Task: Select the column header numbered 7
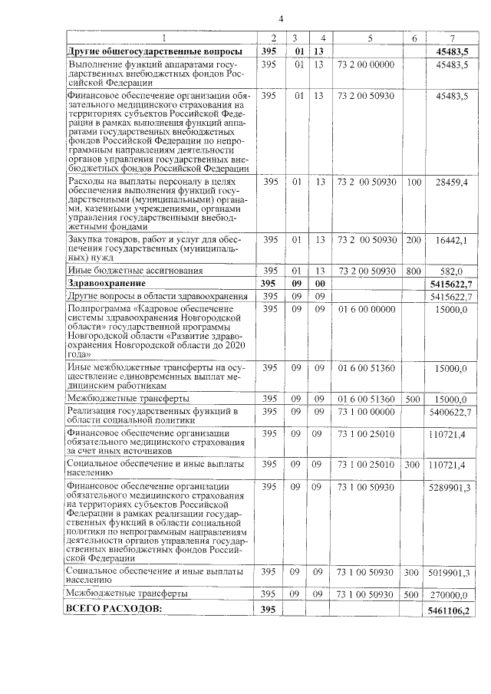pos(452,38)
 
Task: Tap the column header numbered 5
pos(369,38)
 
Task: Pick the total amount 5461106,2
pos(450,609)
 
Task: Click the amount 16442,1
pos(452,240)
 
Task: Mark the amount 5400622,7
pos(450,413)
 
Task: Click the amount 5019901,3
pos(450,572)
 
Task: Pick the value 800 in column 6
pos(414,271)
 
